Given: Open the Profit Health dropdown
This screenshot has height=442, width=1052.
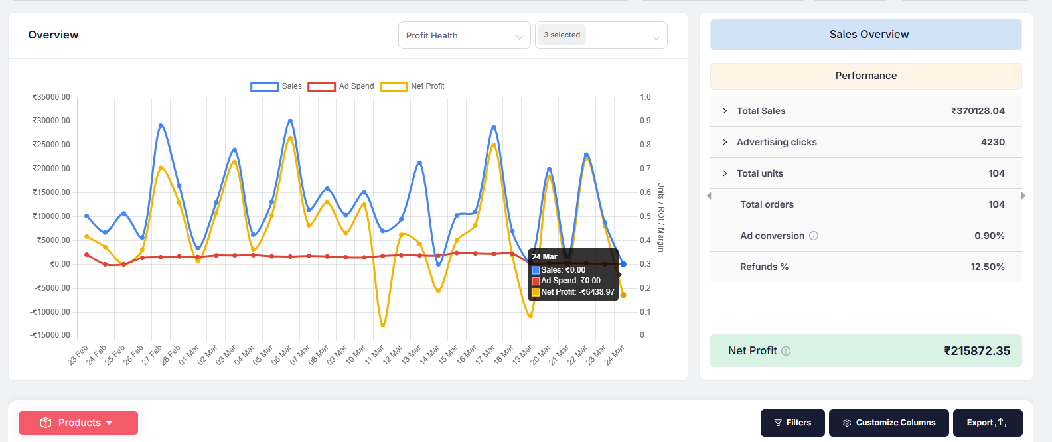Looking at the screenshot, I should (x=464, y=36).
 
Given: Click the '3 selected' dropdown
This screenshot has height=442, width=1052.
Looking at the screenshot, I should (x=601, y=36).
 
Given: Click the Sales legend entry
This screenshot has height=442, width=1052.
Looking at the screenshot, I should (x=276, y=86).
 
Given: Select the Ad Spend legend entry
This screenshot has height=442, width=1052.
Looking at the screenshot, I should (x=341, y=86).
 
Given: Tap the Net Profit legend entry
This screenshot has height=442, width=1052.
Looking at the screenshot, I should (x=412, y=86).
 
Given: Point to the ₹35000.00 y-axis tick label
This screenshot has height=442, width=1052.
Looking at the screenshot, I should (x=51, y=97).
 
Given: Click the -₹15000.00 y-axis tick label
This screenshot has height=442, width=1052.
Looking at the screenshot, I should (x=50, y=335).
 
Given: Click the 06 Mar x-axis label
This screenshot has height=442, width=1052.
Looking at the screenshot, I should (x=281, y=355).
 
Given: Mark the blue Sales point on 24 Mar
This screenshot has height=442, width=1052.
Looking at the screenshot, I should (x=623, y=264).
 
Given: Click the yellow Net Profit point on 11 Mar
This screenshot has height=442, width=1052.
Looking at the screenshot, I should (x=383, y=325).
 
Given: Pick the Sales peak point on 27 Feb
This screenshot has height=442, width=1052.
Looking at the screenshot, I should (x=161, y=125).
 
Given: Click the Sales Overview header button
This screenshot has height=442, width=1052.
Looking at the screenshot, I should (x=865, y=35).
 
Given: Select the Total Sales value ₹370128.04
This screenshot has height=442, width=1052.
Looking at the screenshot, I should (x=978, y=111).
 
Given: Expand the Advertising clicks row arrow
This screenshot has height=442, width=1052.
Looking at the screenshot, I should (x=725, y=142).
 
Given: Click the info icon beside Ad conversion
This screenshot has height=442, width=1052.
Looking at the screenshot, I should (x=814, y=236).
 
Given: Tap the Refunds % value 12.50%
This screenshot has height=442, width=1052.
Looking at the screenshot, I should (x=987, y=267).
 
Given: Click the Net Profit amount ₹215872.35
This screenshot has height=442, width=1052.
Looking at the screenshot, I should (x=977, y=351).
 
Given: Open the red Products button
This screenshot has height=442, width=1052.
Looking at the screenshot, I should (x=78, y=423).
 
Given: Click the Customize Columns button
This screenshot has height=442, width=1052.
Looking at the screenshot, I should (x=889, y=423).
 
